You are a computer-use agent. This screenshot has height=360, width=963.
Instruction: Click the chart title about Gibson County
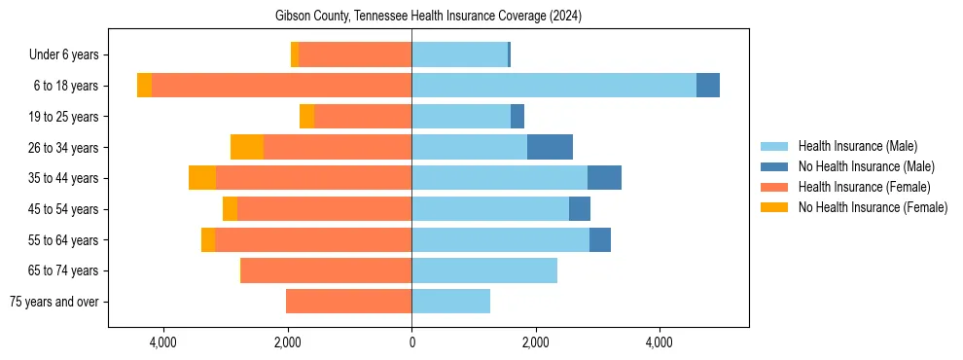click(x=428, y=16)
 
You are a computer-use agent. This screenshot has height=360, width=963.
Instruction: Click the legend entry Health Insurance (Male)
click(x=857, y=146)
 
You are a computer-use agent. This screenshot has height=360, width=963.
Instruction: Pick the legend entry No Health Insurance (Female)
click(x=873, y=207)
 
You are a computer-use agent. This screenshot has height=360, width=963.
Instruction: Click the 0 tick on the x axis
click(x=411, y=342)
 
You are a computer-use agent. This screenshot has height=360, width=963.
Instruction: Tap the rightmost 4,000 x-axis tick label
click(x=660, y=342)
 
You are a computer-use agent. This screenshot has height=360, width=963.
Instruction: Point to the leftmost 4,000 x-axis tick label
click(x=163, y=342)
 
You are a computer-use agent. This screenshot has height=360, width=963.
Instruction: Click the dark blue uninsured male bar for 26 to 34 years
click(x=550, y=147)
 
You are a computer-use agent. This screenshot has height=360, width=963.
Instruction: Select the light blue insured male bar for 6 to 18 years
click(x=553, y=86)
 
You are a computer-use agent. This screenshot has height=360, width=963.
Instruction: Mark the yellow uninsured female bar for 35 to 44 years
click(x=202, y=178)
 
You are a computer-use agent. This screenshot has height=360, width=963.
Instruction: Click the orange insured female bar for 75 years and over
click(x=348, y=302)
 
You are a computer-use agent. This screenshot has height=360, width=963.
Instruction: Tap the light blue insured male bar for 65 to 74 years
click(x=484, y=270)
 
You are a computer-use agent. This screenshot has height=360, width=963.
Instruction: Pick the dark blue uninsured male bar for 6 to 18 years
click(x=708, y=86)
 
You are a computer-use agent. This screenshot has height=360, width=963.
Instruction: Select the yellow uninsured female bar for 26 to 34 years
click(x=247, y=147)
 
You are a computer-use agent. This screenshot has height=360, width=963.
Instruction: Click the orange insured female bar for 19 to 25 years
click(x=363, y=117)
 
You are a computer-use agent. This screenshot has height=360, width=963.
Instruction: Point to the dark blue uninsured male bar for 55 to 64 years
click(x=600, y=239)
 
